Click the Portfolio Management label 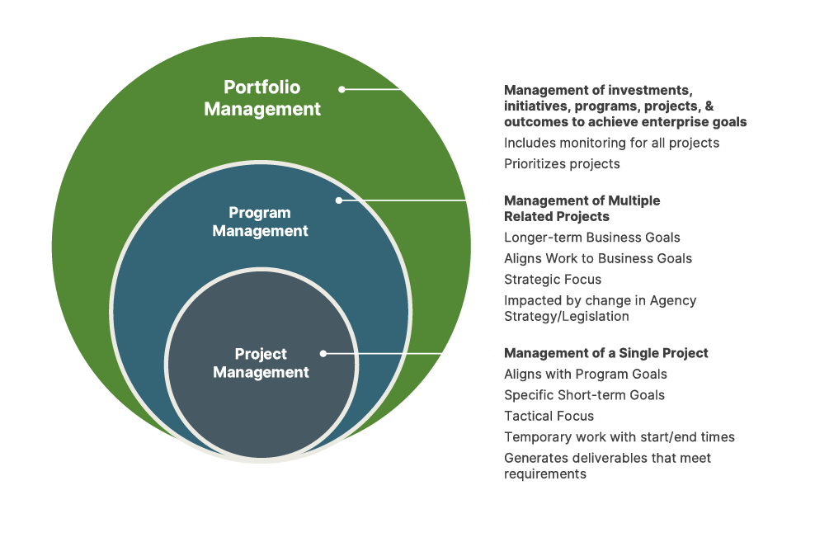pyautogui.click(x=262, y=98)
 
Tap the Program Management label pyautogui.click(x=260, y=222)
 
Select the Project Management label pyautogui.click(x=261, y=363)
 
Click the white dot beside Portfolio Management pyautogui.click(x=342, y=89)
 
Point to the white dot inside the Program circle pyautogui.click(x=338, y=200)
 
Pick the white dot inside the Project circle pyautogui.click(x=323, y=353)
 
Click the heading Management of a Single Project pyautogui.click(x=606, y=353)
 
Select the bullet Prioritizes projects pyautogui.click(x=562, y=164)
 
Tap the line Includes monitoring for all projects pyautogui.click(x=611, y=143)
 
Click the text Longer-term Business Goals pyautogui.click(x=592, y=238)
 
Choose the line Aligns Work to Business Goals pyautogui.click(x=598, y=259)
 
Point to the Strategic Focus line pyautogui.click(x=553, y=280)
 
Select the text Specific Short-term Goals pyautogui.click(x=584, y=395)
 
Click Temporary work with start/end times pyautogui.click(x=619, y=437)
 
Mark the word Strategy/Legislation pyautogui.click(x=567, y=316)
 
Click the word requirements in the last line pyautogui.click(x=545, y=474)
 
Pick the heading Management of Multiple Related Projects pyautogui.click(x=582, y=209)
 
